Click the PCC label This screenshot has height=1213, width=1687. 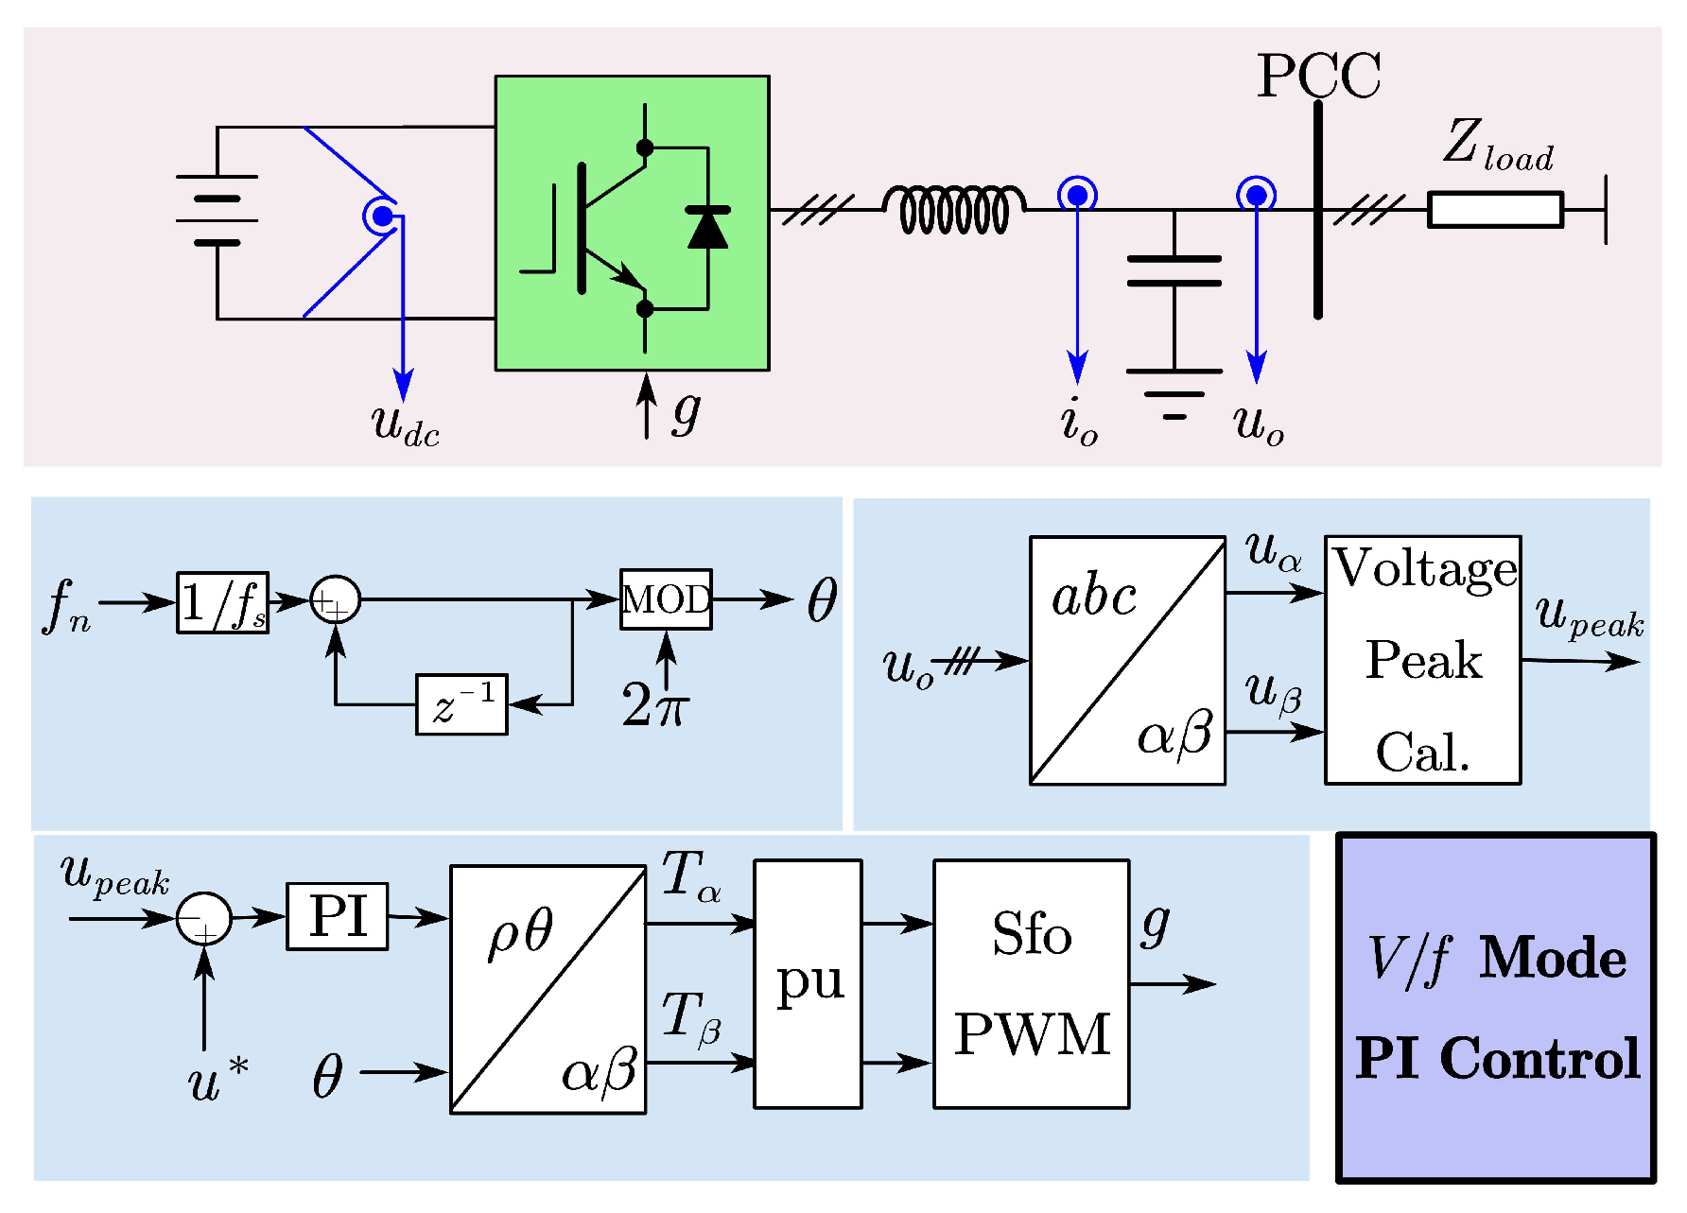point(1318,76)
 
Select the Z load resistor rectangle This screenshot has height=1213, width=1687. point(1494,209)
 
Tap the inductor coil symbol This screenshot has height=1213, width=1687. point(953,209)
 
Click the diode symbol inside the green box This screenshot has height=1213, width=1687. point(707,228)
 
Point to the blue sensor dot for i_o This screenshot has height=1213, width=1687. point(1077,196)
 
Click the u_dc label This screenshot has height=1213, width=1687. point(405,424)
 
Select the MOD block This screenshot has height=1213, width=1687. point(666,599)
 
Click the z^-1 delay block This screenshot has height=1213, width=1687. point(461,704)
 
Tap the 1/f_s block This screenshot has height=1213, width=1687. point(223,602)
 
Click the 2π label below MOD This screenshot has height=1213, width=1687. point(654,705)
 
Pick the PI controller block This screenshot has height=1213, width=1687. point(338,916)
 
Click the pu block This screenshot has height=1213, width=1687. point(808,983)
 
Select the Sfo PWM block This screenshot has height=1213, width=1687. point(1031,983)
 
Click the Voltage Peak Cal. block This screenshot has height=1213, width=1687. point(1422,660)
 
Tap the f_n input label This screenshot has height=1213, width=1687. point(66,605)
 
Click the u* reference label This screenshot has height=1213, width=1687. point(217,1080)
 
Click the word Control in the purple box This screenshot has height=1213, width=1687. point(1539,1058)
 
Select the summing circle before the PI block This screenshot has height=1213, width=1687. point(204,918)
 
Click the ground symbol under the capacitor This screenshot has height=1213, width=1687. point(1174,393)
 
